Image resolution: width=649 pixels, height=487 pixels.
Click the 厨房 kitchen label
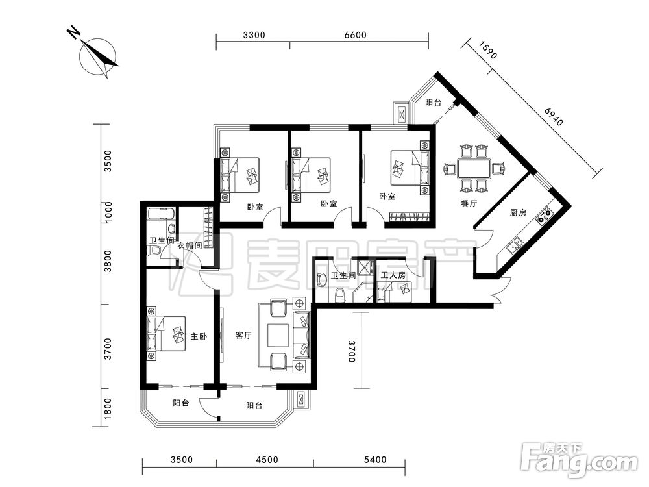[x=518, y=213]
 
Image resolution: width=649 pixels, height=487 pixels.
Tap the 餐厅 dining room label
[x=469, y=204]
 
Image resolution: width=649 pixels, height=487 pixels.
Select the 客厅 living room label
[x=243, y=336]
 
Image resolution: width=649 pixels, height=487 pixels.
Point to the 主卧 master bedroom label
[x=199, y=336]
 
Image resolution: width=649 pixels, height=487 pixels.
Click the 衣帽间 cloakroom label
[x=190, y=245]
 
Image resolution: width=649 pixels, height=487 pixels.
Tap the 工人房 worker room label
[x=393, y=275]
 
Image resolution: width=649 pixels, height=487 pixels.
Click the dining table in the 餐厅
[x=474, y=169]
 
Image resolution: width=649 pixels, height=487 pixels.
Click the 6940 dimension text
[x=554, y=117]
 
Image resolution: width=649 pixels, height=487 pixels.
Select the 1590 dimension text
[x=489, y=50]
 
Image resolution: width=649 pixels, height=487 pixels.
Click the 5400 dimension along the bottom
[x=375, y=460]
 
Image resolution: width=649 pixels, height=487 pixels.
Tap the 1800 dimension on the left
[x=108, y=408]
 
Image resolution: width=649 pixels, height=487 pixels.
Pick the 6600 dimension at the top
[x=356, y=35]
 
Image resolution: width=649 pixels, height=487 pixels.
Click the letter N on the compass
[x=74, y=32]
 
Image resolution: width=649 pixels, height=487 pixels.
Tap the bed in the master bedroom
[x=165, y=334]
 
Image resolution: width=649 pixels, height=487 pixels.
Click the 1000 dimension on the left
[x=108, y=212]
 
